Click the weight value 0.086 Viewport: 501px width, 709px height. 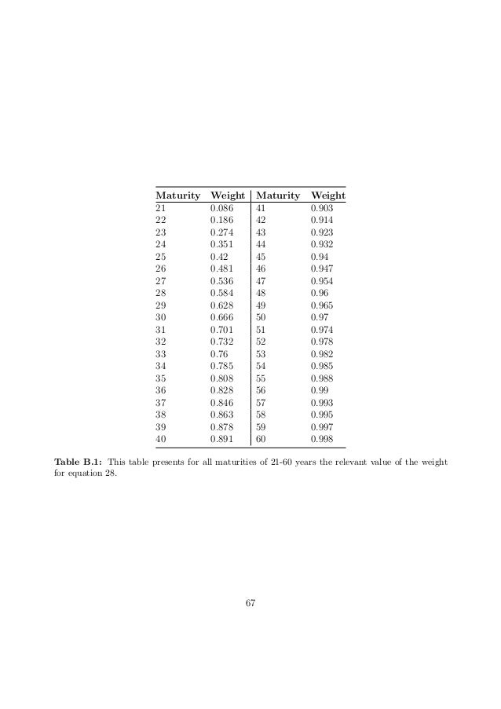(222, 209)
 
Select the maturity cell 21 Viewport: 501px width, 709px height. (161, 209)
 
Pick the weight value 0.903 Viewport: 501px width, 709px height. (322, 209)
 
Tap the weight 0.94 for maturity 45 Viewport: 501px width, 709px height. (320, 256)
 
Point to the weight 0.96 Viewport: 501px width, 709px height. (320, 292)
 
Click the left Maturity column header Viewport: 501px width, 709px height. (177, 195)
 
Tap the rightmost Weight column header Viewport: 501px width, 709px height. (328, 195)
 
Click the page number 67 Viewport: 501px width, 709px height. (251, 603)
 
